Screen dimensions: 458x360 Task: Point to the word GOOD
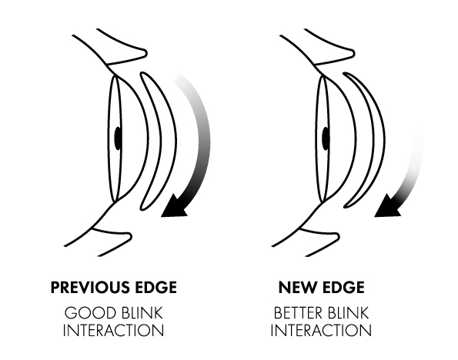(x=90, y=313)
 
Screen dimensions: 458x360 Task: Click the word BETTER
(x=298, y=313)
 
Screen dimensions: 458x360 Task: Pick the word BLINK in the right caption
(x=348, y=313)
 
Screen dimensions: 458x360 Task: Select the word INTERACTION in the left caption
(x=113, y=331)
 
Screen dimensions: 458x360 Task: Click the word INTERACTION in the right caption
(x=321, y=331)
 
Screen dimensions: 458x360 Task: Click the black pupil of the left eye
(x=118, y=138)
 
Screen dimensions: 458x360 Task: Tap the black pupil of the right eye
(x=326, y=138)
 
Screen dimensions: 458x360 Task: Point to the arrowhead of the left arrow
(x=173, y=207)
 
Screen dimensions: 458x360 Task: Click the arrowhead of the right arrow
(x=386, y=207)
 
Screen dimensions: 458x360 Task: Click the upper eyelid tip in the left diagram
(x=145, y=53)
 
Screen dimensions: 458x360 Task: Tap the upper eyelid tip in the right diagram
(x=353, y=53)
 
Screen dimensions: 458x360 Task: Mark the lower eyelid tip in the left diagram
(x=130, y=236)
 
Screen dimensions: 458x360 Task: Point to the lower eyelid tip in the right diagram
(x=338, y=236)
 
